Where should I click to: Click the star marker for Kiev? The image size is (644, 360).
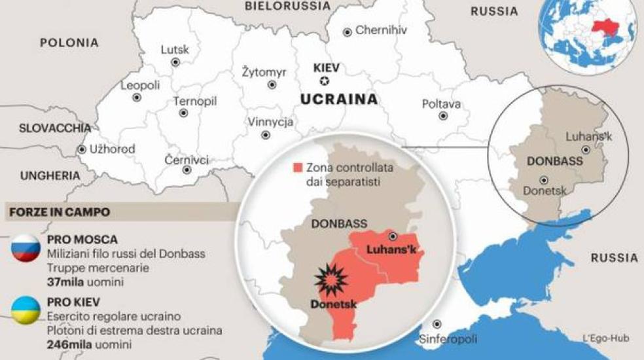[x=323, y=82]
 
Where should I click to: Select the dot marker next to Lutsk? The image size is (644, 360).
[x=175, y=62]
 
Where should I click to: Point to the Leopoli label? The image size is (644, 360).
[x=140, y=85]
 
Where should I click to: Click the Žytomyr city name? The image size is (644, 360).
[x=264, y=72]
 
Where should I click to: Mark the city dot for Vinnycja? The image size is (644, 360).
[x=266, y=135]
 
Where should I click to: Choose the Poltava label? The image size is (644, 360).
[x=441, y=104]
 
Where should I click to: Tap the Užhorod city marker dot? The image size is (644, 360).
[x=82, y=149]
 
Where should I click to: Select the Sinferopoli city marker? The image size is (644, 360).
[x=437, y=324]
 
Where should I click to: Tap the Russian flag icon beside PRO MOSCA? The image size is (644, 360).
[x=25, y=249]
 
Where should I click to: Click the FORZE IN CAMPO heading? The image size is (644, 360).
[x=59, y=212]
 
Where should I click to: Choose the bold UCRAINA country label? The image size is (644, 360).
[x=339, y=99]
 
